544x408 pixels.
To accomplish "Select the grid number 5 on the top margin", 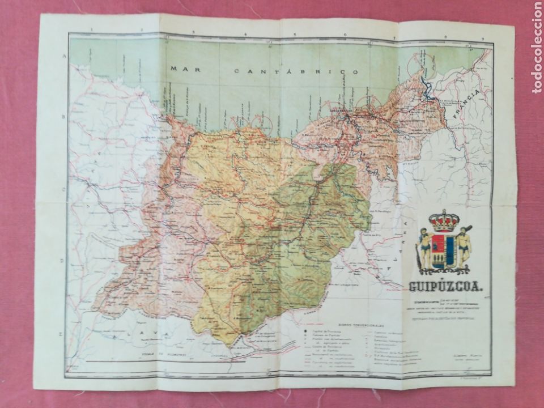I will (x=295, y=33).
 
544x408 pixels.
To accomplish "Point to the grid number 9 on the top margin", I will (x=481, y=38).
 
